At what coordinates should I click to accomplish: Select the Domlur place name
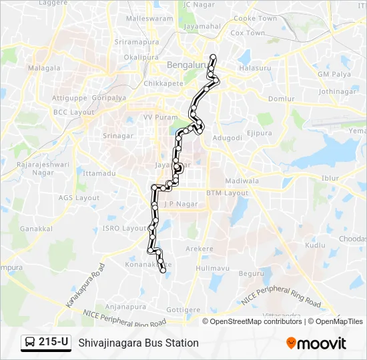pos(280,99)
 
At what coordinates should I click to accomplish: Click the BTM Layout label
pos(227,193)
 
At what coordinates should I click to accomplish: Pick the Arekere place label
pos(199,249)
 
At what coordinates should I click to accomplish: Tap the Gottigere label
pos(183,310)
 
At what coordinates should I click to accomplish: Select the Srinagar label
pos(117,136)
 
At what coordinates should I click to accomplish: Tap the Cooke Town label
pos(255,19)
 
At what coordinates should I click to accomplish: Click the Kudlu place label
pos(315,245)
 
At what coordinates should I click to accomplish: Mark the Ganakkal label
pos(36,228)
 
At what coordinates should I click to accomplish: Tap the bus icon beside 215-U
pos(30,343)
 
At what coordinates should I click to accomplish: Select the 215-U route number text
pos(53,343)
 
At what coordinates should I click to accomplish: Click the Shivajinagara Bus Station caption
pos(138,343)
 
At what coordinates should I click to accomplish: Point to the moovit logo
pos(316,343)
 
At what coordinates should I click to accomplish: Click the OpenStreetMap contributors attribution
pos(254,321)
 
